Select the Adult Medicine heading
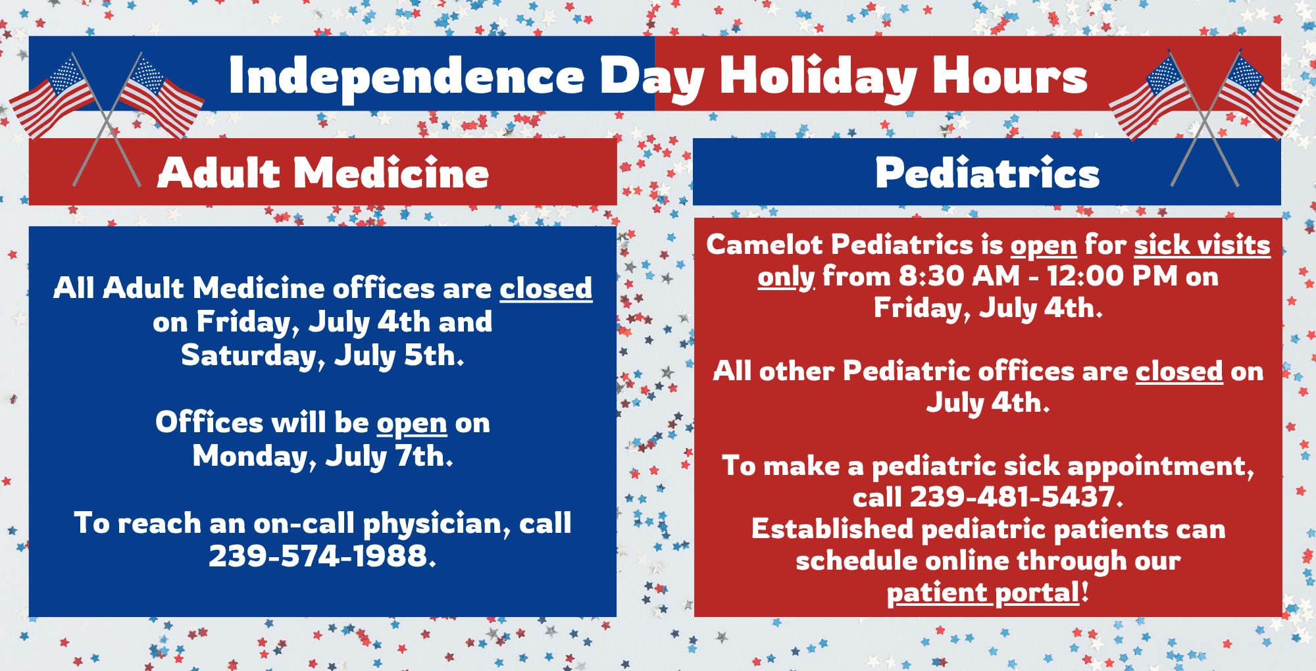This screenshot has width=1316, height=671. [x=323, y=173]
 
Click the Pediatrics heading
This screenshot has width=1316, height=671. [x=987, y=173]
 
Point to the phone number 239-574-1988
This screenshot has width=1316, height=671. [x=321, y=556]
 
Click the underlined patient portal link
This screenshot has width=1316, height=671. [x=983, y=593]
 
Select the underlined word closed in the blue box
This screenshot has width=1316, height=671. [x=545, y=288]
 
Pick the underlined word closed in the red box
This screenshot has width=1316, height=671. [x=1179, y=371]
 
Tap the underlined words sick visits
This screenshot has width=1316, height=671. [x=1202, y=245]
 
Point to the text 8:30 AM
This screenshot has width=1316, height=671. [x=959, y=276]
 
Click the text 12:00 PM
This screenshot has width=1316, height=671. [x=1111, y=276]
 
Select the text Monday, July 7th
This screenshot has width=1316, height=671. [x=322, y=457]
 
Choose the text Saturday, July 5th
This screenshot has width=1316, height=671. [x=322, y=356]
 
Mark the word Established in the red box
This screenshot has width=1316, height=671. [x=832, y=529]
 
